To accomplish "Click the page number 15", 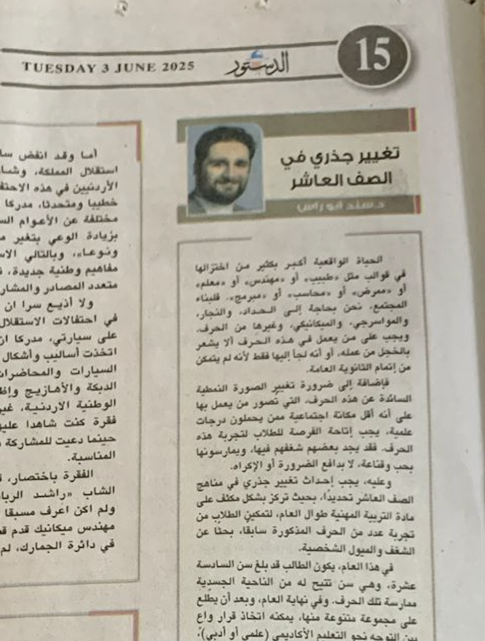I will [x=374, y=56].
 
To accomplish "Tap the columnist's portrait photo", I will [x=224, y=169].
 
